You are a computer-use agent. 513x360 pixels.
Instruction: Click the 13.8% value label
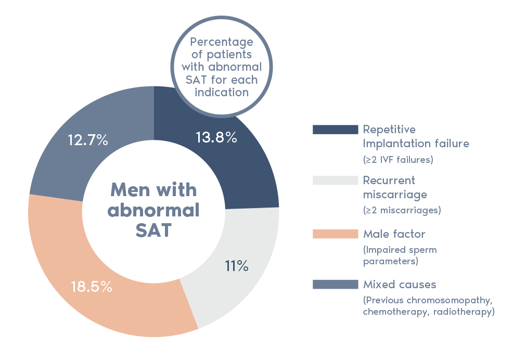click(x=216, y=138)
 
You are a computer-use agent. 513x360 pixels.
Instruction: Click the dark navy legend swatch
click(x=335, y=130)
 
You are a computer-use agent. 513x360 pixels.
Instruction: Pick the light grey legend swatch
click(x=335, y=181)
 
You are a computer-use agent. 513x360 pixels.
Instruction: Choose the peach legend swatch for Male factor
click(x=335, y=234)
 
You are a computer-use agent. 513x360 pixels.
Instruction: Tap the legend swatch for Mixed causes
click(x=335, y=284)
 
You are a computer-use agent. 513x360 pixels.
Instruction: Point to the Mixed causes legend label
click(x=399, y=285)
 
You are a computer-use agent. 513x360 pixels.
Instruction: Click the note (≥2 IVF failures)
click(x=398, y=160)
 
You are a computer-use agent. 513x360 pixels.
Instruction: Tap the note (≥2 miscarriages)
click(x=402, y=211)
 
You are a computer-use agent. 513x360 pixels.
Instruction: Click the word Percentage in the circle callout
click(x=222, y=42)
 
